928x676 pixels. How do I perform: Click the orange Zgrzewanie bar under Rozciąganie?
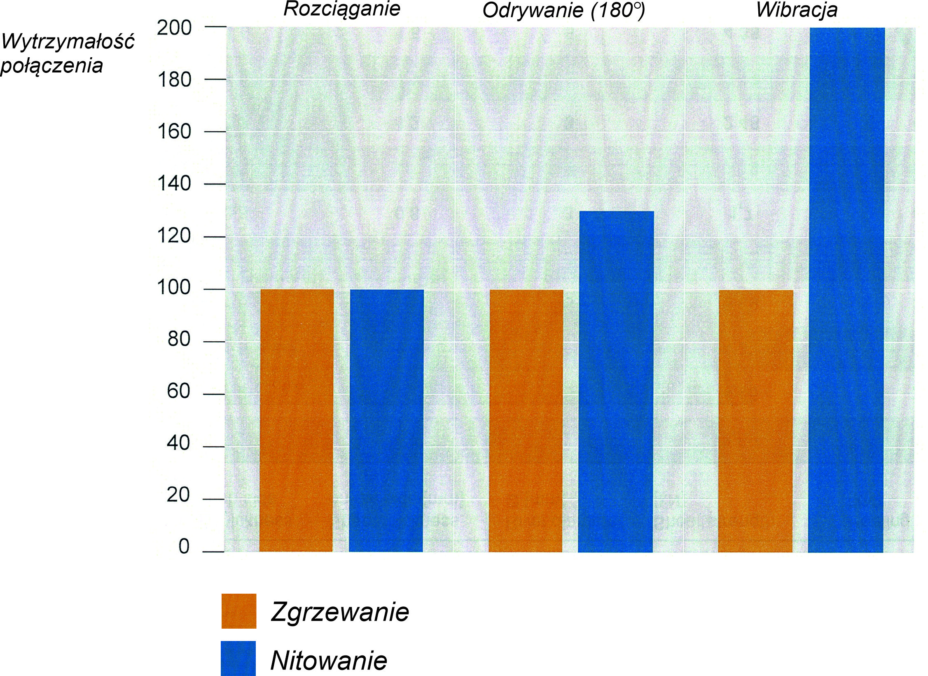pos(297,420)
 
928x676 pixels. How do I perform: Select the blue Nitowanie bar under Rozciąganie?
pos(386,420)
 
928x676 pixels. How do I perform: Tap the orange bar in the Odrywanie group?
pos(526,420)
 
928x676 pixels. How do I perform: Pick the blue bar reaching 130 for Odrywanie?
pos(616,381)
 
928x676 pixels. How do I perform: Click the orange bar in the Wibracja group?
pos(755,420)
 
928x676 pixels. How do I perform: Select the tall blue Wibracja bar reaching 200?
pos(846,288)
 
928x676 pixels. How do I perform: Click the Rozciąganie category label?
pos(342,9)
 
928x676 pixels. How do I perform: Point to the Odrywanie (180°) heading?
pos(563,11)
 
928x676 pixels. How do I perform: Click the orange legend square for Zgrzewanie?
pos(239,611)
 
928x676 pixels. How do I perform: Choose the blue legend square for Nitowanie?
pos(238,658)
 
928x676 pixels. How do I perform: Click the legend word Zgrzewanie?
pos(340,612)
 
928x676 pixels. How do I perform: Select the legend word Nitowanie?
pos(329,661)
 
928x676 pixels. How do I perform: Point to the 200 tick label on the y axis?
pos(175,28)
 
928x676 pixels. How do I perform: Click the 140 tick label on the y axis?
pos(175,184)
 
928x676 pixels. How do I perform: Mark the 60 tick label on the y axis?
pos(179,392)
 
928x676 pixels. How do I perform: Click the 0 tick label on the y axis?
pos(184,547)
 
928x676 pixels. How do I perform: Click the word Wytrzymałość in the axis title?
pos(68,42)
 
